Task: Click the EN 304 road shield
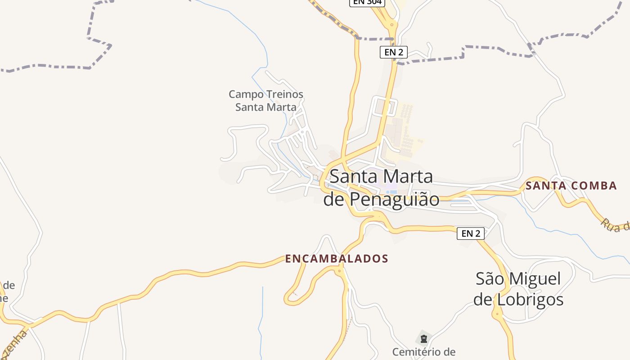(x=367, y=2)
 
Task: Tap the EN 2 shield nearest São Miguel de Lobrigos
(x=471, y=233)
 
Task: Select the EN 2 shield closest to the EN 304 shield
(x=394, y=52)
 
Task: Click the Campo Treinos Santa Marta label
(x=266, y=100)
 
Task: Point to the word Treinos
(x=283, y=94)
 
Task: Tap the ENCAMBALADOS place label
(x=337, y=259)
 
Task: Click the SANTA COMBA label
(x=571, y=185)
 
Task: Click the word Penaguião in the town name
(x=395, y=199)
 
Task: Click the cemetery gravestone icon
(x=423, y=339)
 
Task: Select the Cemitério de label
(x=423, y=351)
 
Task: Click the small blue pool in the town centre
(x=391, y=192)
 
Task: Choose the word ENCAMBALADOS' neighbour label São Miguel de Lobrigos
(x=518, y=289)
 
